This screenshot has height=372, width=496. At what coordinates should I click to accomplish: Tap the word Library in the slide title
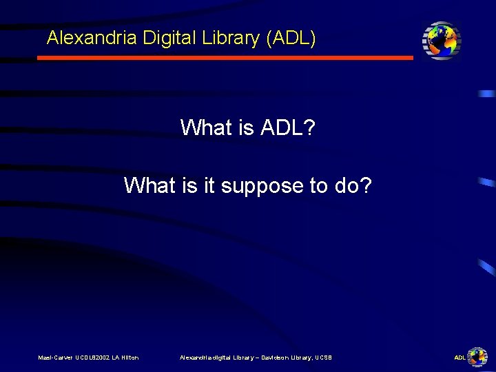click(x=229, y=38)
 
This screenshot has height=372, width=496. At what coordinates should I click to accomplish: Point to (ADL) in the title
click(x=291, y=38)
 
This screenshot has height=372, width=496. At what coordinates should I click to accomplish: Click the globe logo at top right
click(x=442, y=40)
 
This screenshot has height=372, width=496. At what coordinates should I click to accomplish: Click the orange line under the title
click(x=225, y=58)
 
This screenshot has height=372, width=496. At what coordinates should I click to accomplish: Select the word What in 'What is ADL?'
click(x=205, y=127)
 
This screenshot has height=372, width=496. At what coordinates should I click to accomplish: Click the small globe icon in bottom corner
click(x=477, y=356)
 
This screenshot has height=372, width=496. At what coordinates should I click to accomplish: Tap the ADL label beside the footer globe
click(x=459, y=358)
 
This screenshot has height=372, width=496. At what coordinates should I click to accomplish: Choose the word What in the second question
click(x=149, y=185)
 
